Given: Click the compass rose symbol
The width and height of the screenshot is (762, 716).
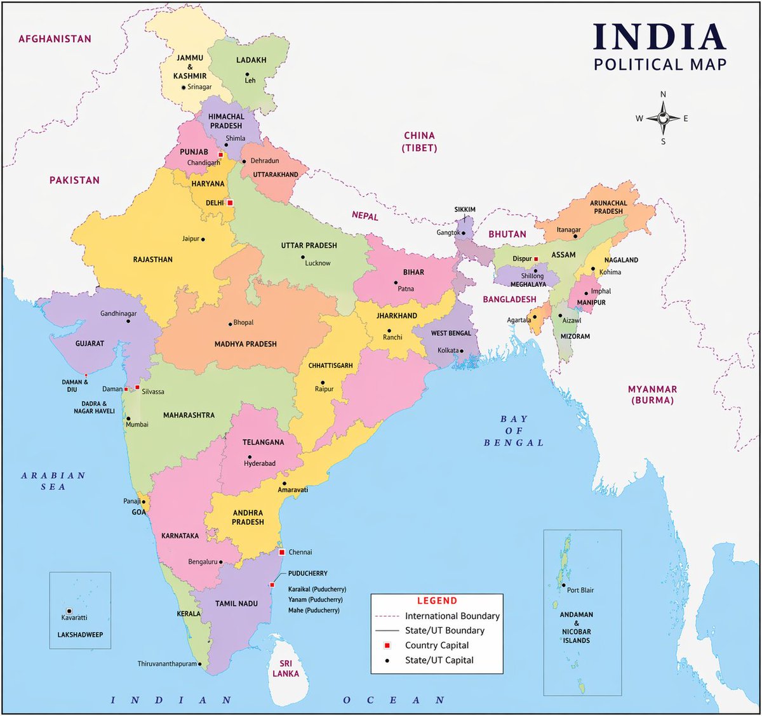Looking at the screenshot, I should [x=663, y=118].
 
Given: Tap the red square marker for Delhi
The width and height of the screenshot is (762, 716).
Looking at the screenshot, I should [x=230, y=203].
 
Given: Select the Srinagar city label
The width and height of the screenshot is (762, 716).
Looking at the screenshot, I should [x=199, y=87].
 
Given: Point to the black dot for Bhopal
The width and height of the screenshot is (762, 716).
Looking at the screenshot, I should [x=231, y=324].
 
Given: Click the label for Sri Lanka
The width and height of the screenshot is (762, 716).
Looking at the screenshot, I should [x=286, y=668].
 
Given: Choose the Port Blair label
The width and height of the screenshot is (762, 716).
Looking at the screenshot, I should [x=580, y=590].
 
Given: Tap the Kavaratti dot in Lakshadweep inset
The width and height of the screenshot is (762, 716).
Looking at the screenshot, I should [x=69, y=611].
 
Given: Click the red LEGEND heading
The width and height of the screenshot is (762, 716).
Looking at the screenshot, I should [x=437, y=600].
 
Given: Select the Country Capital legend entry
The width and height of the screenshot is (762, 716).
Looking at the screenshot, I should [x=437, y=646].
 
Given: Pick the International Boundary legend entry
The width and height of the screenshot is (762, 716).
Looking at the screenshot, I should [x=452, y=616].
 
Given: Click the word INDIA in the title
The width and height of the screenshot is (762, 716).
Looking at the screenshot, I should [x=660, y=38].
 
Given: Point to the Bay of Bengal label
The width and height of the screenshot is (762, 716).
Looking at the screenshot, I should [x=514, y=430].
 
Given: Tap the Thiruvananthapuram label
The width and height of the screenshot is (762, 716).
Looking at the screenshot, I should [x=167, y=664].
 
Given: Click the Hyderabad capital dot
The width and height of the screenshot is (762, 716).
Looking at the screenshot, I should [x=250, y=457].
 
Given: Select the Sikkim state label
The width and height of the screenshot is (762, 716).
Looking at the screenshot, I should [x=465, y=209].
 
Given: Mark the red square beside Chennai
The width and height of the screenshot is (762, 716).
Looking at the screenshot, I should [x=282, y=552].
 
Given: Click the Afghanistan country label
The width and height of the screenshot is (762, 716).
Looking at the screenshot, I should [x=55, y=39].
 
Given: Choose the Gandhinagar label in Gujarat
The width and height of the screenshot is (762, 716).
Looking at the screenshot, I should [x=118, y=314].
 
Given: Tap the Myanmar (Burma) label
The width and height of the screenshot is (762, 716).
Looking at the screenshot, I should [x=652, y=395].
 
